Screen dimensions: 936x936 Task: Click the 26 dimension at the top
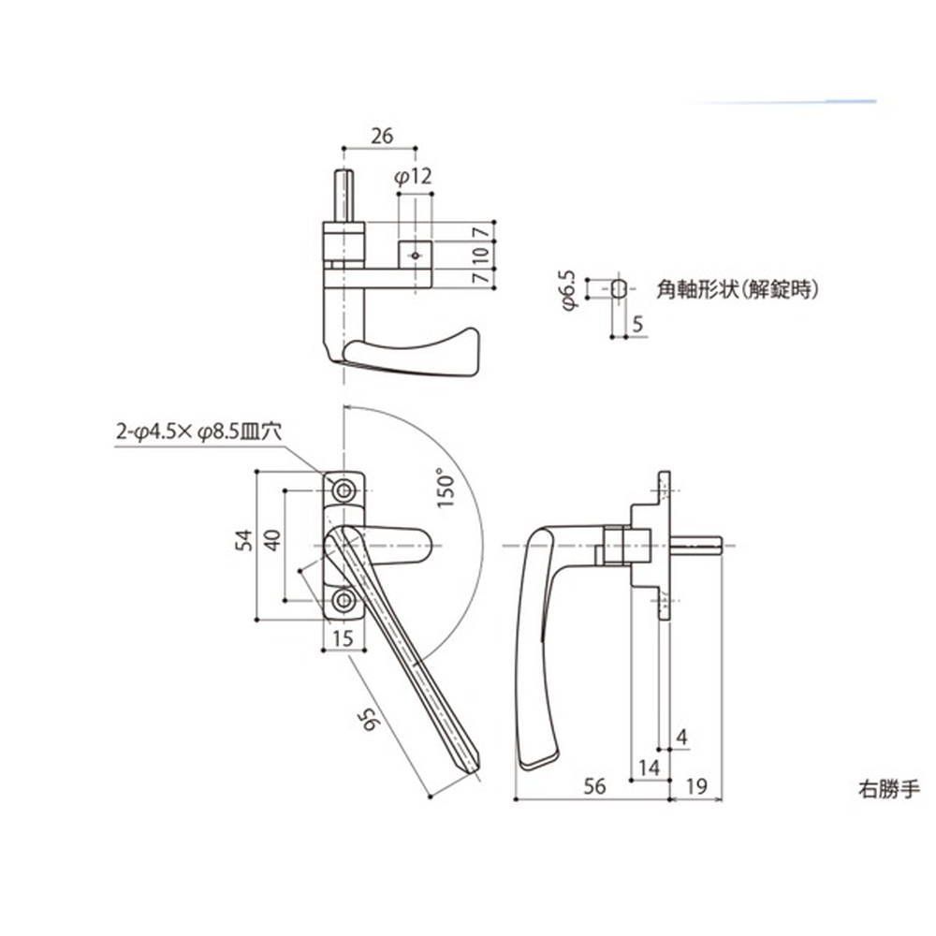[381, 136]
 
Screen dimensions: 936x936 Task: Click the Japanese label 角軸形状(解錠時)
[739, 290]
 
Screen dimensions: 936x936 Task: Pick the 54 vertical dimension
[243, 541]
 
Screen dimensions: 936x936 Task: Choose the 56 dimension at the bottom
[593, 787]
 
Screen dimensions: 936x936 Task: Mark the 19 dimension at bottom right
[696, 787]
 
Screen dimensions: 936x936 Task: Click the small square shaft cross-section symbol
[618, 288]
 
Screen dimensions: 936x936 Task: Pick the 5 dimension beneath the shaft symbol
[638, 324]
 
